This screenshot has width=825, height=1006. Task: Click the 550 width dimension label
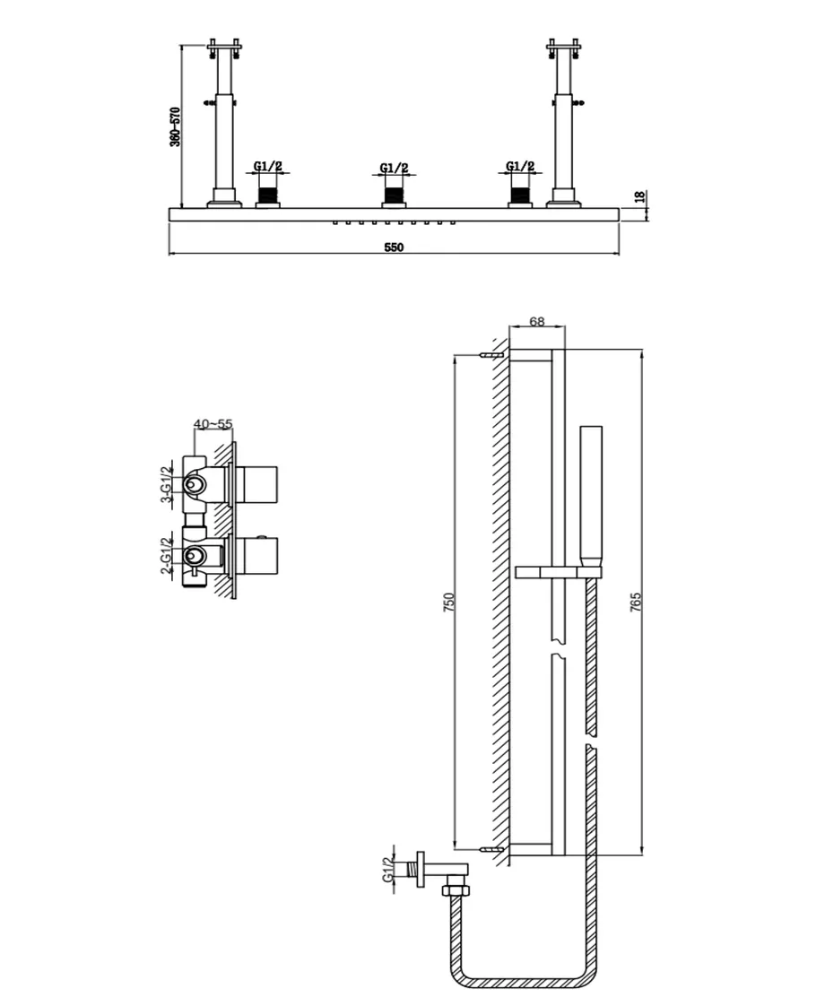[x=394, y=247]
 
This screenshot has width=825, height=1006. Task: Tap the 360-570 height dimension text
[x=175, y=126]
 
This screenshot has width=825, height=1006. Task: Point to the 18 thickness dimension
[x=639, y=197]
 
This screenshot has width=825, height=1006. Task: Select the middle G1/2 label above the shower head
[x=394, y=168]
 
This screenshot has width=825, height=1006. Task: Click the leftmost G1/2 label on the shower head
[x=267, y=167]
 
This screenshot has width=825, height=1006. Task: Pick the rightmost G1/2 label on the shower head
[x=520, y=167]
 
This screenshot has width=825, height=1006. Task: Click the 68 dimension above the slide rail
[x=537, y=321]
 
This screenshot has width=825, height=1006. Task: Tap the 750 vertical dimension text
[x=449, y=602]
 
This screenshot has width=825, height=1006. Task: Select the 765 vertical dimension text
[x=635, y=602]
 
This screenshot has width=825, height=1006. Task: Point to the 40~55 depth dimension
[x=213, y=424]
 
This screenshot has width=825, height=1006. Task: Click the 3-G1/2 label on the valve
[x=166, y=485]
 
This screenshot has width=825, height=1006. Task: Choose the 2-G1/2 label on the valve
[x=166, y=556]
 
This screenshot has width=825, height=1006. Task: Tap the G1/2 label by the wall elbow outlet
[x=388, y=870]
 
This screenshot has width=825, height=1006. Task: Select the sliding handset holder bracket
[x=558, y=572]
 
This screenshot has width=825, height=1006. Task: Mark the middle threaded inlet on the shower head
[x=394, y=193]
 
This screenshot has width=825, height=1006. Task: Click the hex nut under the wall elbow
[x=456, y=890]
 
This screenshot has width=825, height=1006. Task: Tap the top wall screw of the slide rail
[x=491, y=355]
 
